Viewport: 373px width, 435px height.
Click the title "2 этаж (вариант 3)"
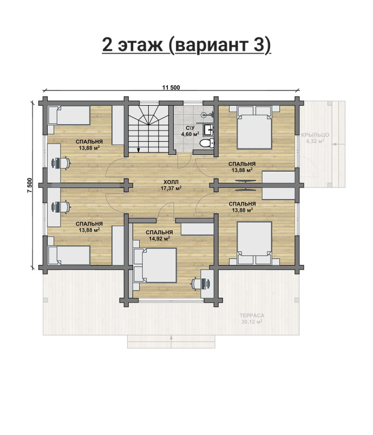pos(186,44)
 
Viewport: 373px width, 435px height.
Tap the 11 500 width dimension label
pos(171,88)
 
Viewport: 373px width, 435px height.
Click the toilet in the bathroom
pos(207,143)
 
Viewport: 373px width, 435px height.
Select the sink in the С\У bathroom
pos(208,129)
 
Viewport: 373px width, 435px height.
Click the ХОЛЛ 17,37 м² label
pos(171,185)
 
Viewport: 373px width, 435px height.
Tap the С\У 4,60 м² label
pos(190,131)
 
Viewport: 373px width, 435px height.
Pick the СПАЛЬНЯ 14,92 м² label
pos(159,235)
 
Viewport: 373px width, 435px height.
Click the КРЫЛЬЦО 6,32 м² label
pos(315,138)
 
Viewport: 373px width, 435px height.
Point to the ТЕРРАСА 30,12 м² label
pos(252,319)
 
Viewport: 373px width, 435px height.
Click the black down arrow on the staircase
pos(138,150)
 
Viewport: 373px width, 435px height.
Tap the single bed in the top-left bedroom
pos(69,115)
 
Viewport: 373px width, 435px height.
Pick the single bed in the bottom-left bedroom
pos(69,255)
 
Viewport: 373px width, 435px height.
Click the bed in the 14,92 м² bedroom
pos(155,265)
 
